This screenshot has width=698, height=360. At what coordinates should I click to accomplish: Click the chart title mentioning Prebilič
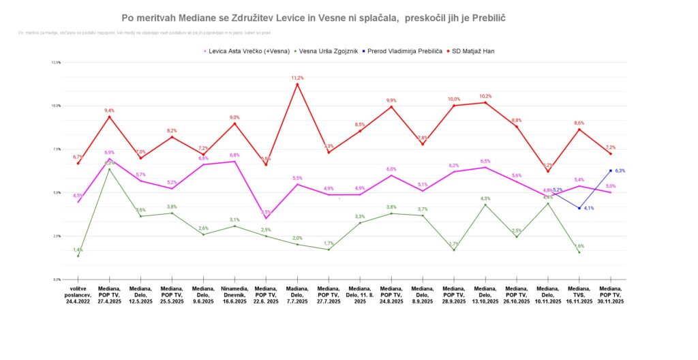click(314, 16)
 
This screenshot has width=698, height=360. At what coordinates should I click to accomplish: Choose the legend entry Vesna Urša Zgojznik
click(331, 50)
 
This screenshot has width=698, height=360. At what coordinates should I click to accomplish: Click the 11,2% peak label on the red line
click(297, 78)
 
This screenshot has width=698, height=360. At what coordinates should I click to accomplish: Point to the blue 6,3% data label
click(620, 170)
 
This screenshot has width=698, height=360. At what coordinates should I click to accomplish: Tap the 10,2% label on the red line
click(485, 96)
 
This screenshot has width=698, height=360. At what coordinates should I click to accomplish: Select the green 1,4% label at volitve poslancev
click(78, 250)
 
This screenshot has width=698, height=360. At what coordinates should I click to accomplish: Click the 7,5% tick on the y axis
click(56, 149)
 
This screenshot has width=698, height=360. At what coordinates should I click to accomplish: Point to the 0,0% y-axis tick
click(56, 280)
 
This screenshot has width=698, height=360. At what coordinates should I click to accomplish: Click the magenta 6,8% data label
click(234, 155)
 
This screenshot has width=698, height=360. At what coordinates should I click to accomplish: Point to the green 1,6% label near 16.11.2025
click(579, 245)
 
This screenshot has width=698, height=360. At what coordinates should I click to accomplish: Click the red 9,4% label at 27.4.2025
click(109, 110)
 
